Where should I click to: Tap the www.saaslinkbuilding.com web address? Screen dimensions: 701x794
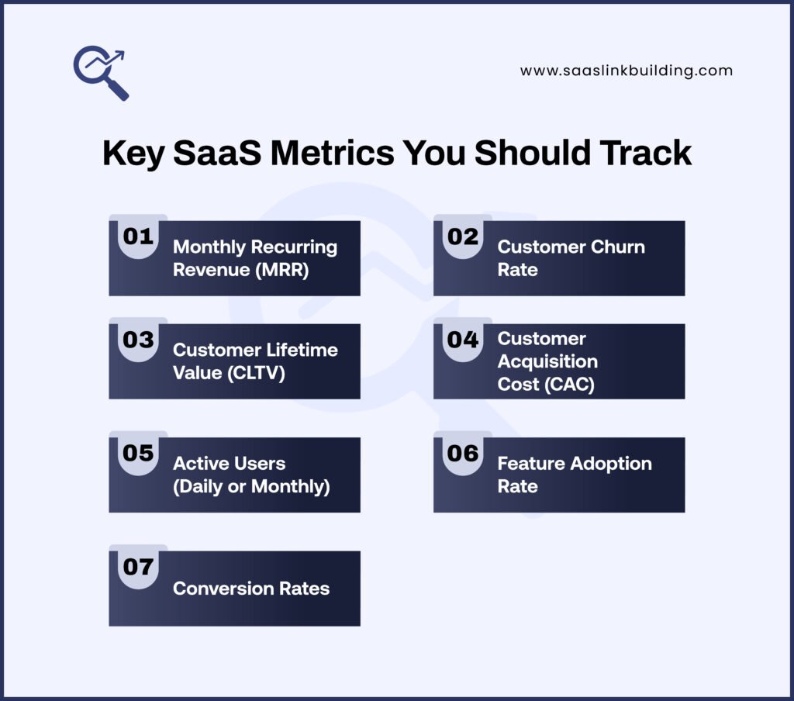(626, 71)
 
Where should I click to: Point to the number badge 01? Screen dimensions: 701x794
(138, 237)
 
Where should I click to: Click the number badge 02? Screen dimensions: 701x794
(463, 237)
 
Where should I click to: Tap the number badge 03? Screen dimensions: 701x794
(138, 340)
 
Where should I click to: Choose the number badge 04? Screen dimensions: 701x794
(463, 340)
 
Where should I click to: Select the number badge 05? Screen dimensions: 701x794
(138, 453)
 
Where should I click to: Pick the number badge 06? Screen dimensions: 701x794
(463, 453)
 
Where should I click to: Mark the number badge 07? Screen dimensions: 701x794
(138, 567)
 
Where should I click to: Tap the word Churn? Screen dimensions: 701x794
(615, 247)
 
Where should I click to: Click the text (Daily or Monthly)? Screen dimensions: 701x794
(251, 486)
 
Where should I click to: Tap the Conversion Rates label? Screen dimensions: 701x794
(251, 589)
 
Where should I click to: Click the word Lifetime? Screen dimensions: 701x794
(299, 350)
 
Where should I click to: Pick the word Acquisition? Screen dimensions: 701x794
(547, 361)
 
